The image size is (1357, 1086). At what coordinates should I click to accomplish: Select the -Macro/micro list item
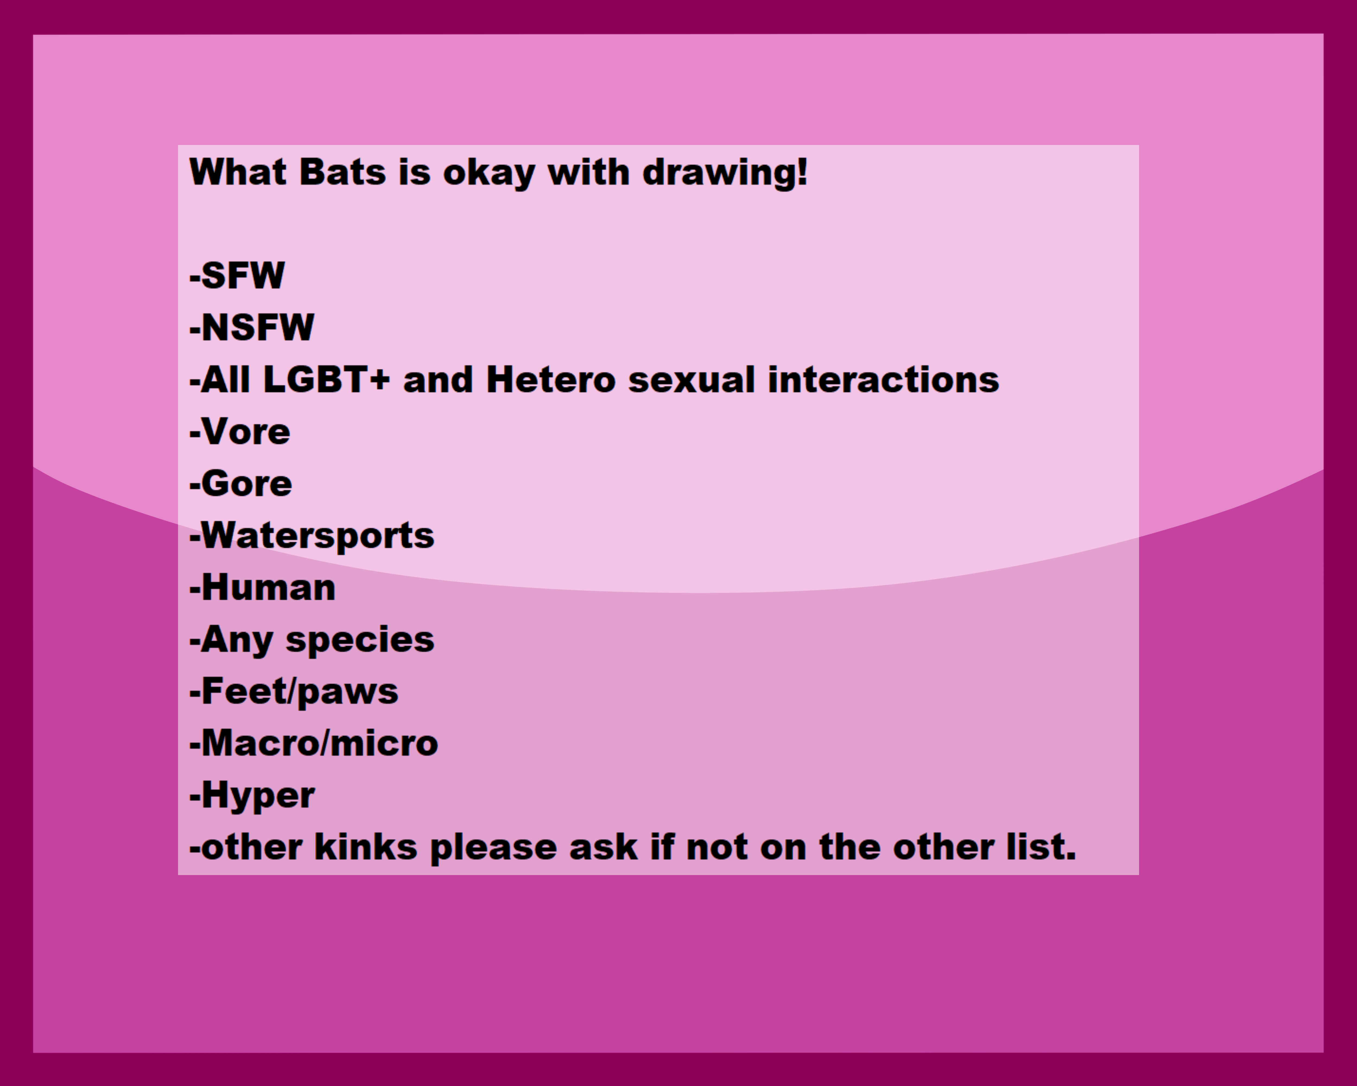coord(313,744)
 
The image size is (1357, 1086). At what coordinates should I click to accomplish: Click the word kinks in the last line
coord(366,847)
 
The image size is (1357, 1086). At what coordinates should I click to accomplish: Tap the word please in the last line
coord(493,849)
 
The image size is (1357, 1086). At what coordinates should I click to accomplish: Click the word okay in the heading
coord(489,174)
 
